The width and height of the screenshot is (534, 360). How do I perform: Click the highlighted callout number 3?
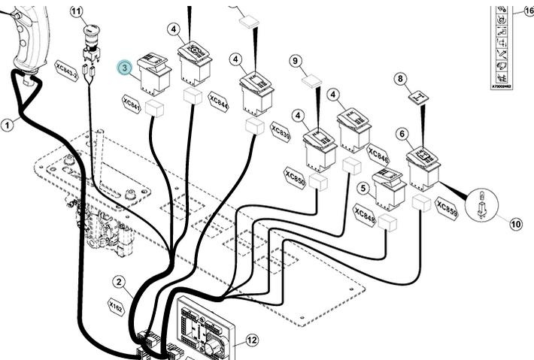coord(125,68)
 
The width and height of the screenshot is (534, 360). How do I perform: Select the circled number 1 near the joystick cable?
coord(7,126)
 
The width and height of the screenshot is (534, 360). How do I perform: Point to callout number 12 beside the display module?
coord(252,340)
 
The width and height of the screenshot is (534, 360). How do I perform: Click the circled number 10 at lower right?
coord(516,223)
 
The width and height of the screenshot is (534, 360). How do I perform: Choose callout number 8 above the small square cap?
coord(400,78)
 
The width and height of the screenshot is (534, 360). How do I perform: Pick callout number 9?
coord(295,60)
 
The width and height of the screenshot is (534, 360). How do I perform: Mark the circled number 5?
coord(363,189)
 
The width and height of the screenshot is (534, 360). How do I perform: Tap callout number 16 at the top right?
coord(528,10)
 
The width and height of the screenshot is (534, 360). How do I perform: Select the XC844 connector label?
coord(219,101)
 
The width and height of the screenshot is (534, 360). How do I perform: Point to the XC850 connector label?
coord(295,179)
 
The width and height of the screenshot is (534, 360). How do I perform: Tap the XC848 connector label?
coord(364,216)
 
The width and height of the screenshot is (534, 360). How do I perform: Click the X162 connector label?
coord(115,307)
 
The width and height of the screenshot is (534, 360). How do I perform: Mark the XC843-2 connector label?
coord(66,70)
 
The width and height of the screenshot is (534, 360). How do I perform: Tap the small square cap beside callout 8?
coord(419,95)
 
